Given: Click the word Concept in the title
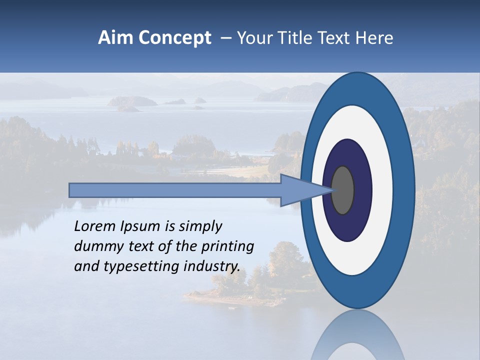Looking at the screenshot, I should pyautogui.click(x=174, y=38).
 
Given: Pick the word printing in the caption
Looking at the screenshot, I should pyautogui.click(x=228, y=247).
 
